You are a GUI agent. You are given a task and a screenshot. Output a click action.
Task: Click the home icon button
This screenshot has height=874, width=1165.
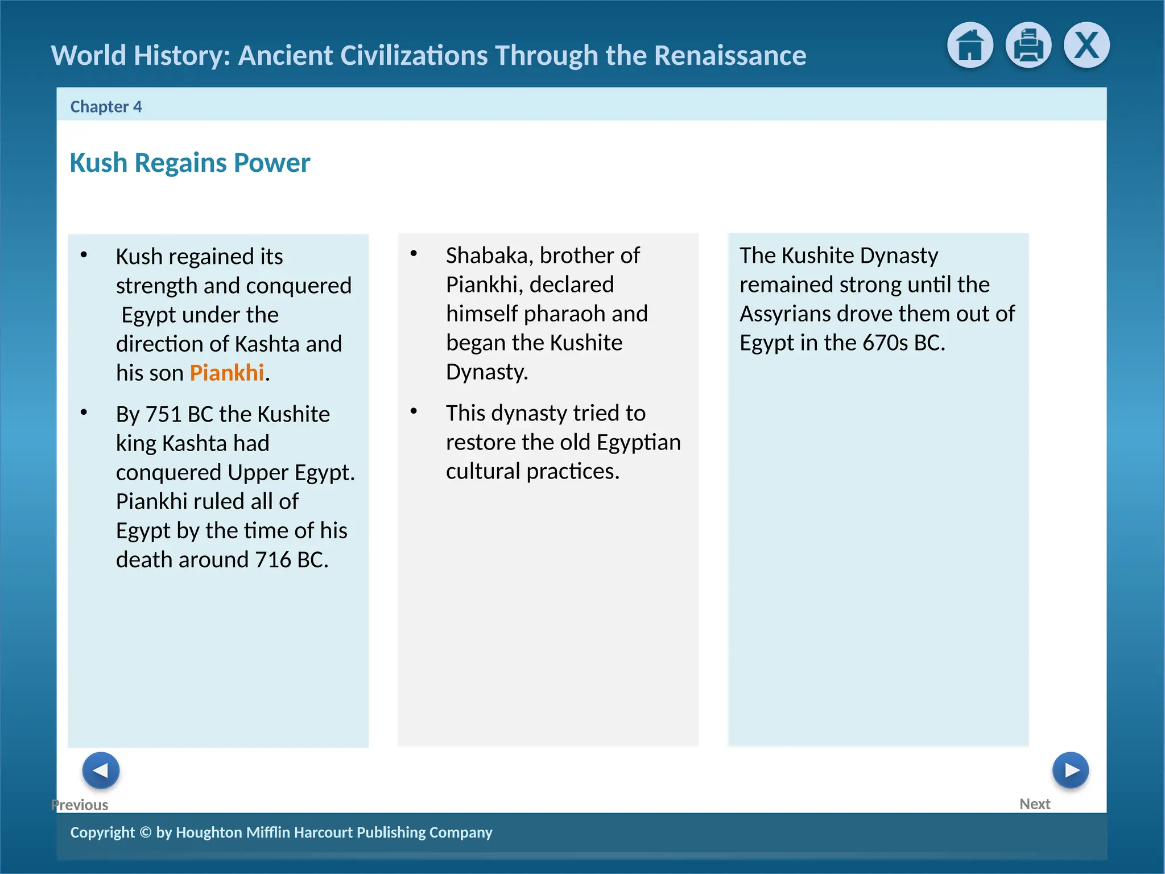970,45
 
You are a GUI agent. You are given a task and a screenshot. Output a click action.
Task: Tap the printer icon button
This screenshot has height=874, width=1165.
1028,45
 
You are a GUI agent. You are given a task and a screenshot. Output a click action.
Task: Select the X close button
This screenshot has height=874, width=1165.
1086,45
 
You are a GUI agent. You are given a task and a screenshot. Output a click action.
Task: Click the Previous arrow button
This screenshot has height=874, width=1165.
101,770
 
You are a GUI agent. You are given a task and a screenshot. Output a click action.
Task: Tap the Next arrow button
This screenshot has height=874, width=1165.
1070,770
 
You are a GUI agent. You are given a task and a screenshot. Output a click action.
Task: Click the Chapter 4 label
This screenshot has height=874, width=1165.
106,106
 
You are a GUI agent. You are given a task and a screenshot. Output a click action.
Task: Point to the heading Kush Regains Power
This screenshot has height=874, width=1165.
189,163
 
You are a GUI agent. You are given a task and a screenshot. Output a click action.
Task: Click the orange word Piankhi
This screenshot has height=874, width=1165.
226,373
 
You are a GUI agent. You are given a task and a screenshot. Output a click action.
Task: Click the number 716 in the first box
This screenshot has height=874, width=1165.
273,560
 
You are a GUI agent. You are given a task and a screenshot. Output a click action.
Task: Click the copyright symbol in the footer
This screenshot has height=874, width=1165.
146,832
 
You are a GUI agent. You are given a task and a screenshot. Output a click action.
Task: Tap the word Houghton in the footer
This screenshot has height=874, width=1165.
209,832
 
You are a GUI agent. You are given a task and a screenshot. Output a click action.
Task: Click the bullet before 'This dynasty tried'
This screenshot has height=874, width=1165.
414,411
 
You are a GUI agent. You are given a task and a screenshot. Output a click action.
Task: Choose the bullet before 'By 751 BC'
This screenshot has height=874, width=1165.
84,413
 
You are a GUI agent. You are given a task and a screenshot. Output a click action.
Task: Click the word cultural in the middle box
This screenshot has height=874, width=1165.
483,471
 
